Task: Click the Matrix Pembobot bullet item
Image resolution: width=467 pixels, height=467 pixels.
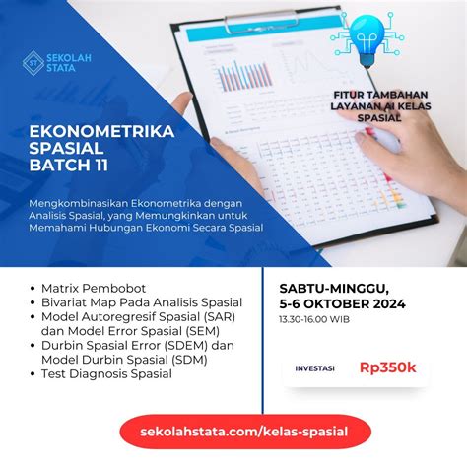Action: [85, 288]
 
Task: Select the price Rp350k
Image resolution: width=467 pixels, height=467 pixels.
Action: [387, 367]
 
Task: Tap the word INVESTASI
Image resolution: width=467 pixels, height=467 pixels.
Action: [315, 368]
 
